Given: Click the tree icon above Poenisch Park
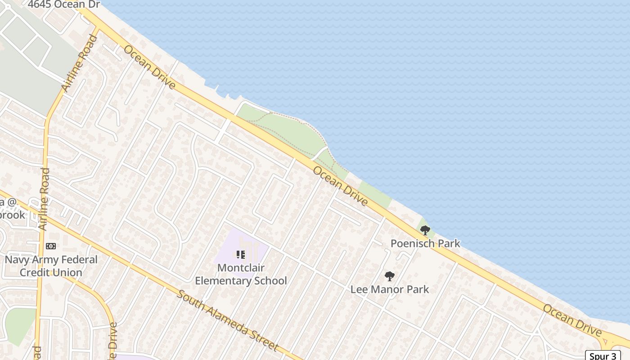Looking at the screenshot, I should [425, 231].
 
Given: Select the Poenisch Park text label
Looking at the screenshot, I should [425, 243].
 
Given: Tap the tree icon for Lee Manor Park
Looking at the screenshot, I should [390, 276].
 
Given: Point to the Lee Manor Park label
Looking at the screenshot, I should [390, 289].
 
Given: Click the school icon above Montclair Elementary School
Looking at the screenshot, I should [240, 255].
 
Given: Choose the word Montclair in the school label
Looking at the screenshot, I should [241, 268].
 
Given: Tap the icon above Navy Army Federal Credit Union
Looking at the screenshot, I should [51, 246].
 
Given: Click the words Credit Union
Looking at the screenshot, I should [51, 272].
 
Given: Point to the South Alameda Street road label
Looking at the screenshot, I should [227, 321].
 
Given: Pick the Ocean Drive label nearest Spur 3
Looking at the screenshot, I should [572, 320].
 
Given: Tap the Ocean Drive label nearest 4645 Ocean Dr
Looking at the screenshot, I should [149, 67].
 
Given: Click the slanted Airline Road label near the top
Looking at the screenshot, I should [79, 63].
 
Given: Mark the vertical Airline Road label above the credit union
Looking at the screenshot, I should [44, 199].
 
